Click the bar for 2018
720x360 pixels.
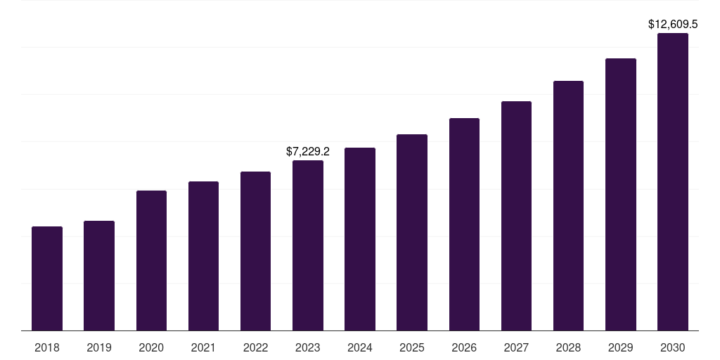click(x=47, y=278)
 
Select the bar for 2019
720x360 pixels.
click(x=99, y=276)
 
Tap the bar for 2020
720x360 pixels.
click(x=151, y=260)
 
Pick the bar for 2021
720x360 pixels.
click(x=203, y=256)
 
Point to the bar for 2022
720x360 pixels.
click(x=255, y=251)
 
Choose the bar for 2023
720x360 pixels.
click(x=308, y=245)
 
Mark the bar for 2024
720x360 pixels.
click(x=360, y=239)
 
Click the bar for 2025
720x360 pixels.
click(x=412, y=232)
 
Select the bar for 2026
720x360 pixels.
click(x=464, y=224)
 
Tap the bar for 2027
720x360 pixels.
click(x=516, y=216)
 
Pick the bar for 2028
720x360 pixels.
click(x=568, y=205)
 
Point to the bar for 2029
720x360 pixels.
click(x=621, y=194)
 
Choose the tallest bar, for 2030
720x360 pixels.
click(x=673, y=181)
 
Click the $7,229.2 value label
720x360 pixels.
click(x=308, y=151)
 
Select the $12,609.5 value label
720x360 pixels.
click(x=673, y=24)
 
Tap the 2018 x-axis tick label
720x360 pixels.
click(x=47, y=347)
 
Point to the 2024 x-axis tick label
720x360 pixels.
click(x=360, y=347)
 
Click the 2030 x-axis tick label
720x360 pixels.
click(x=673, y=347)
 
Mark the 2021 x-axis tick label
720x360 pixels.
click(x=203, y=347)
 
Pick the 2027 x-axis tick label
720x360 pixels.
click(x=516, y=347)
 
